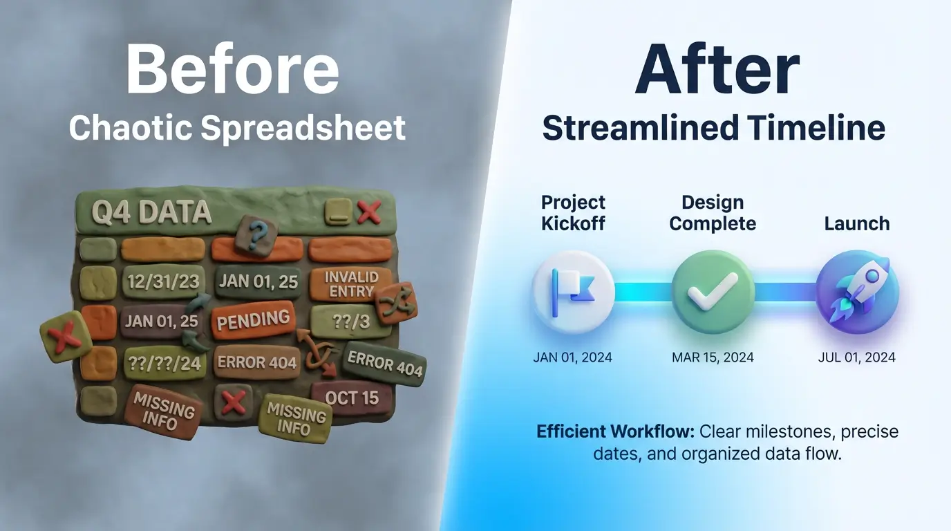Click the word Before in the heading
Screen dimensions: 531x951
point(232,68)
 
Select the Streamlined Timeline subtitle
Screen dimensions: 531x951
point(713,128)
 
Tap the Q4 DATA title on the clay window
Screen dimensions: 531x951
point(152,212)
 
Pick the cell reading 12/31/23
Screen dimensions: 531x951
point(164,282)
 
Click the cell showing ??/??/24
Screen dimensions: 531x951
point(164,362)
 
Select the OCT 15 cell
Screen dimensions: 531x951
point(352,398)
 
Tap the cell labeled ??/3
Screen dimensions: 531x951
point(341,321)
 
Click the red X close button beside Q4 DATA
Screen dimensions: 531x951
point(368,211)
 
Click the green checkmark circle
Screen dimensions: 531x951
point(713,291)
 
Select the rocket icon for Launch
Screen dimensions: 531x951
point(857,291)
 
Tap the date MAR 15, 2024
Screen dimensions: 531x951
point(713,357)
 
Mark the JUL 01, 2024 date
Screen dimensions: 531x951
point(856,357)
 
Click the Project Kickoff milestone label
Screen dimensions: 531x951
point(573,212)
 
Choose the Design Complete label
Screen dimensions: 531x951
point(713,212)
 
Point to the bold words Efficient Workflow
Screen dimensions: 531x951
point(615,432)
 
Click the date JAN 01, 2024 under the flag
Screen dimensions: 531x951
point(573,357)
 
